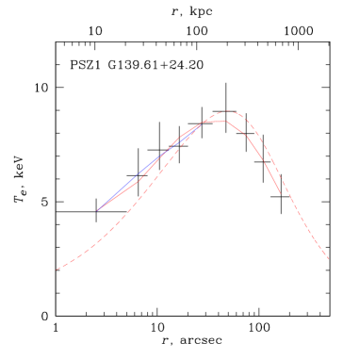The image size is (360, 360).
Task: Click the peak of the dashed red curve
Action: point(227,111)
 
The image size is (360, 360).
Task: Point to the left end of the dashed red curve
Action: point(57,270)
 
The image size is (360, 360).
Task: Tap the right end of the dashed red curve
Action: point(329,259)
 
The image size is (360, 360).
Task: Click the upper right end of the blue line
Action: point(197,129)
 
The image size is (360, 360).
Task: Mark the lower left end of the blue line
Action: point(97,210)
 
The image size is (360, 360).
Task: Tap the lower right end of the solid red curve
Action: point(280,193)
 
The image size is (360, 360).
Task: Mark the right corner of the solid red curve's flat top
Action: point(226,121)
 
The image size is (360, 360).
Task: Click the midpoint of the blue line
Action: point(147,170)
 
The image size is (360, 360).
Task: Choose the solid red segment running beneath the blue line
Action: point(141,179)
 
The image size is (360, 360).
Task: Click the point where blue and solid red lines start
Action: point(97,210)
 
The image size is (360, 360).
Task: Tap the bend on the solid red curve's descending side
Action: point(247,137)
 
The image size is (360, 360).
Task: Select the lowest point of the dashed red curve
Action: point(57,270)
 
